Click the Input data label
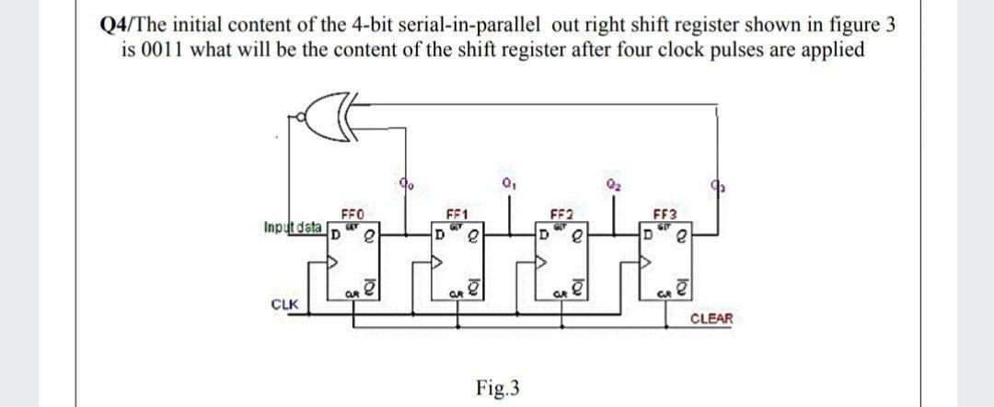point(291,227)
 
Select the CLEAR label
point(711,319)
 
